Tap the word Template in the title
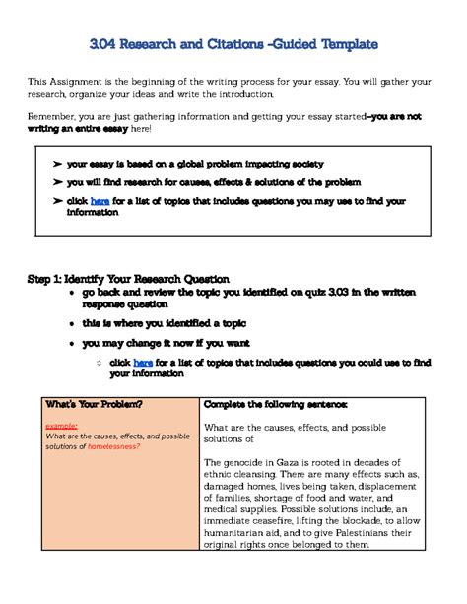coord(342,44)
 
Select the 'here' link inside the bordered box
coord(100,201)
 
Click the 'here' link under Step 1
coord(143,362)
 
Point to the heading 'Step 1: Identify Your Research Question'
coord(128,279)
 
